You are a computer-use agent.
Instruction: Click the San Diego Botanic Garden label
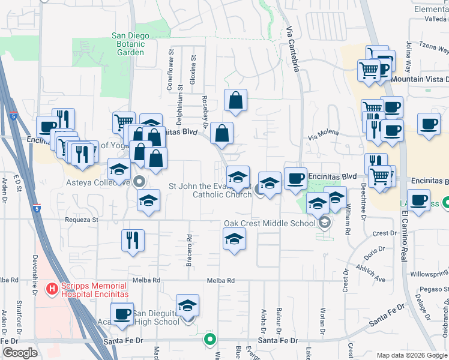point(128,44)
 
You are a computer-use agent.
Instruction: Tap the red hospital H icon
point(52,289)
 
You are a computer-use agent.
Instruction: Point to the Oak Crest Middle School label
point(270,223)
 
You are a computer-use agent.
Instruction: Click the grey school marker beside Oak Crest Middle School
point(325,223)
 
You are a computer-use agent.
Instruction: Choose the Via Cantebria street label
point(292,47)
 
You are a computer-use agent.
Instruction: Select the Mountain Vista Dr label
point(420,79)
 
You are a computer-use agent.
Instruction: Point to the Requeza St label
point(82,220)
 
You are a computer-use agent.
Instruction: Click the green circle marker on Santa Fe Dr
point(209,340)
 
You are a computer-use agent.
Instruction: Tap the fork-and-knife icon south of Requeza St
point(133,240)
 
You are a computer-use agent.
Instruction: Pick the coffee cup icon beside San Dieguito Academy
point(122,314)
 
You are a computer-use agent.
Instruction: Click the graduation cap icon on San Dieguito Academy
point(188,305)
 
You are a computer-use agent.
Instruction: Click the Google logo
point(20,352)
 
